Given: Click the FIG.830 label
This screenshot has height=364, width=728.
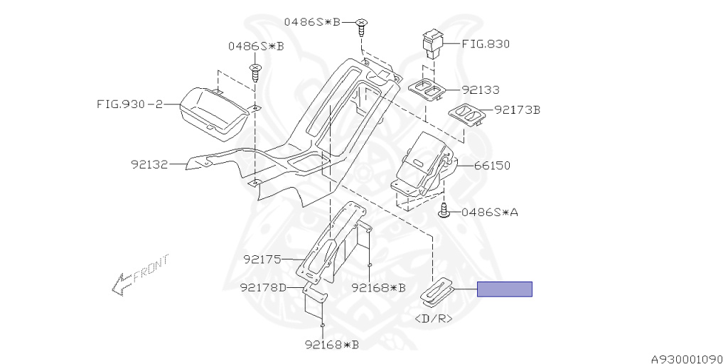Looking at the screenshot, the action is (x=485, y=44).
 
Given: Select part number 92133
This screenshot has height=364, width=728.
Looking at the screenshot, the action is (x=480, y=90).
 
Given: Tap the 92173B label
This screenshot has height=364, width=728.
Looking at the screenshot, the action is (x=518, y=110).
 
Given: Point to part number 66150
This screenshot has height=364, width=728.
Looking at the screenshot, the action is (x=492, y=165).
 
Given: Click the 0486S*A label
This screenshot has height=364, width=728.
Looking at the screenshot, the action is (x=489, y=213).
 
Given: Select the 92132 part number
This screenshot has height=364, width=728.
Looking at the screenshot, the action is (x=149, y=164).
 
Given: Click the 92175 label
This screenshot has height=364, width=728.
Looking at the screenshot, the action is (x=262, y=259).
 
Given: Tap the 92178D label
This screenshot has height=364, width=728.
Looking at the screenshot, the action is (x=263, y=288).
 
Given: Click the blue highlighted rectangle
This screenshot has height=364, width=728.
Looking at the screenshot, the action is (x=505, y=289).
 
